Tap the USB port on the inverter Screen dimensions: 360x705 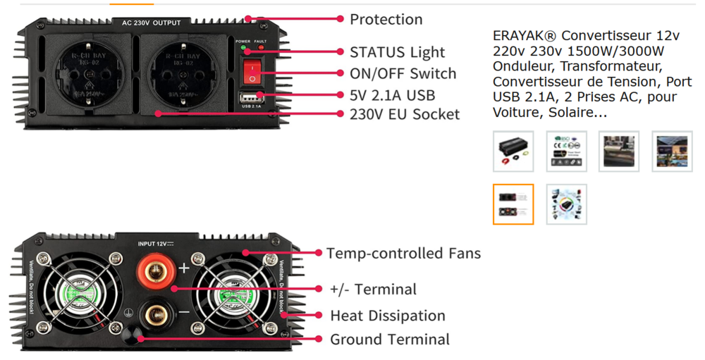point(252,96)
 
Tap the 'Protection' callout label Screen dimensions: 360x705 point(386,19)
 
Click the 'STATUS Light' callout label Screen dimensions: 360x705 point(397,52)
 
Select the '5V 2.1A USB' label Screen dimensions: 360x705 point(392,94)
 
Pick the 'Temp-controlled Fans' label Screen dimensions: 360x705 point(403,253)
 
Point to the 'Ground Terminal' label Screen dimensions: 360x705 point(389,340)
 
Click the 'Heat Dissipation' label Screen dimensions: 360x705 point(387,316)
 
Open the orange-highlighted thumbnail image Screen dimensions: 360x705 point(513,204)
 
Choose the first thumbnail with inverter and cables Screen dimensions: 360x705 point(513,151)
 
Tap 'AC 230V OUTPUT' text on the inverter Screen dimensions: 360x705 point(151,23)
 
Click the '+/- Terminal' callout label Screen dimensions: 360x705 point(373,290)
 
